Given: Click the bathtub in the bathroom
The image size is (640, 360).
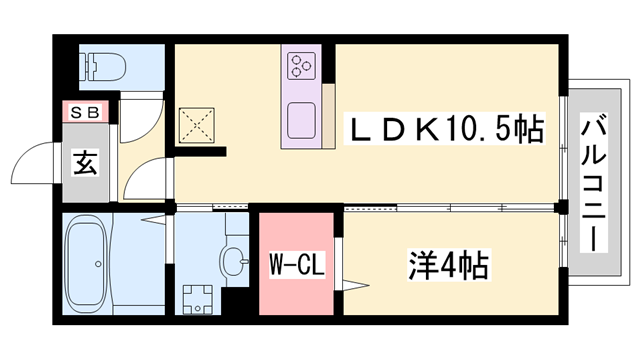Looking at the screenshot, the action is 99,263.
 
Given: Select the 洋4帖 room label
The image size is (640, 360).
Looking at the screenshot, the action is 447,266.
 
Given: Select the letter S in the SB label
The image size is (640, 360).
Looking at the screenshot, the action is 76,112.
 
